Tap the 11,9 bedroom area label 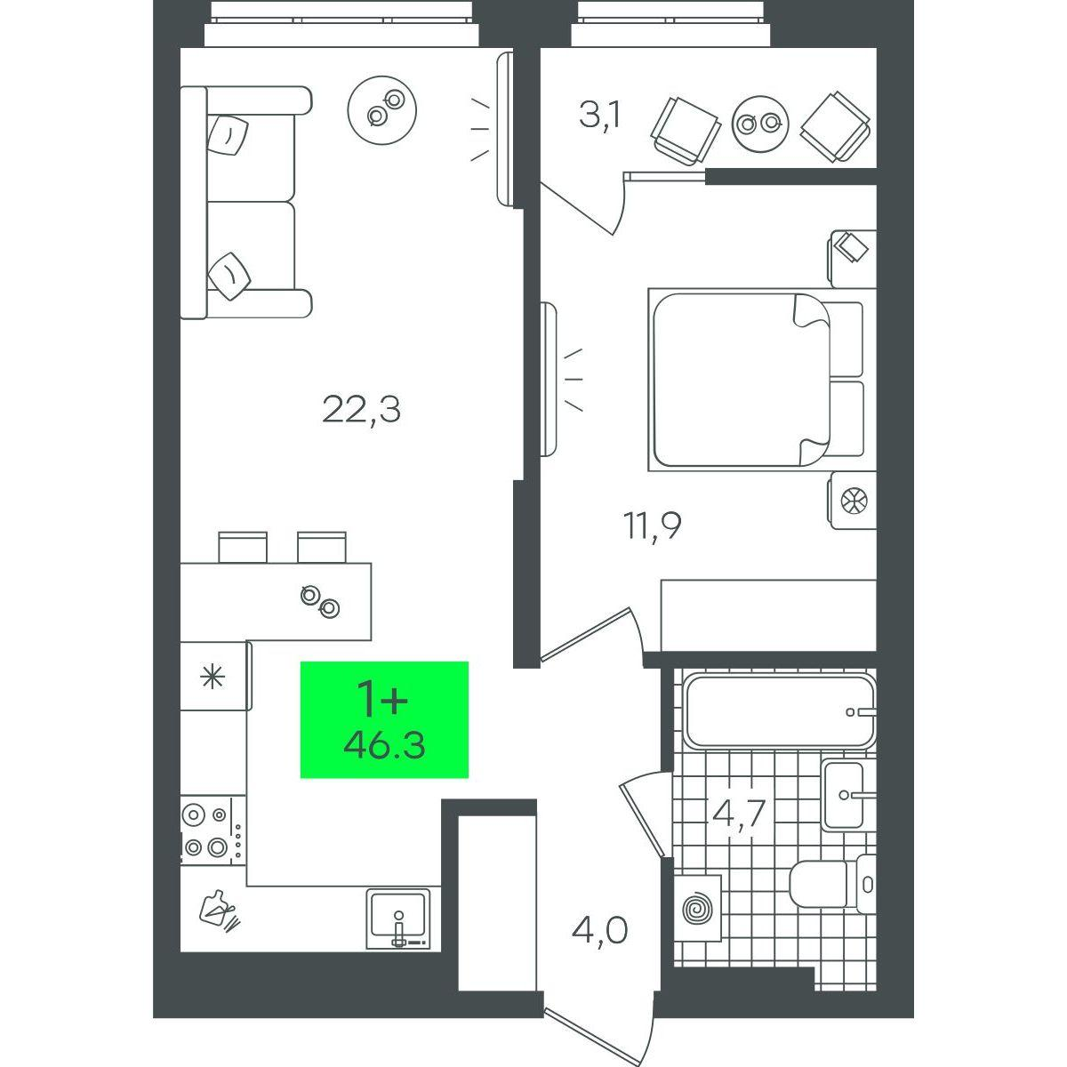coord(652,525)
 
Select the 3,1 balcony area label coord(599,116)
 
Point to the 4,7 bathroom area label coord(739,812)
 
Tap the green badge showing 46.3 coord(384,719)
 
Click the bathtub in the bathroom coord(780,711)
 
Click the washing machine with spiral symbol coord(697,908)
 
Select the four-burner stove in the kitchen coord(213,830)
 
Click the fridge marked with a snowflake coord(215,676)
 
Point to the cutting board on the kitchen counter coord(219,918)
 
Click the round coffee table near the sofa coord(382,110)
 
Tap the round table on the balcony coord(759,124)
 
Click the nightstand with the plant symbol coord(852,501)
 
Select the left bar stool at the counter coord(243,547)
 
